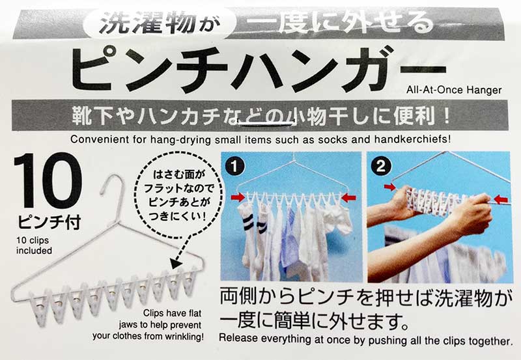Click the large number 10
[47, 182]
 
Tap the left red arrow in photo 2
[391, 189]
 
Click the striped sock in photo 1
[249, 228]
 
